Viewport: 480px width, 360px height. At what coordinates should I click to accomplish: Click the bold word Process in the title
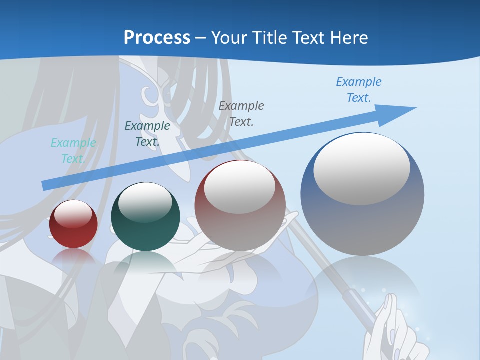point(157,38)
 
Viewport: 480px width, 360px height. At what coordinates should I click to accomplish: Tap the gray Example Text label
point(241,113)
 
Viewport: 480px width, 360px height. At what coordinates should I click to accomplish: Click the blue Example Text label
point(359,90)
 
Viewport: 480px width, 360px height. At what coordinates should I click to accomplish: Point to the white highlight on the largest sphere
point(361,169)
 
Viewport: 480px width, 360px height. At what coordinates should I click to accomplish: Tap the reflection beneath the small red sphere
point(73,257)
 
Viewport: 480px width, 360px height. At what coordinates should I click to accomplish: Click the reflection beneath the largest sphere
point(362,285)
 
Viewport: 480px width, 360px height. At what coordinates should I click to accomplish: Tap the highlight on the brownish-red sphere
point(240,186)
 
